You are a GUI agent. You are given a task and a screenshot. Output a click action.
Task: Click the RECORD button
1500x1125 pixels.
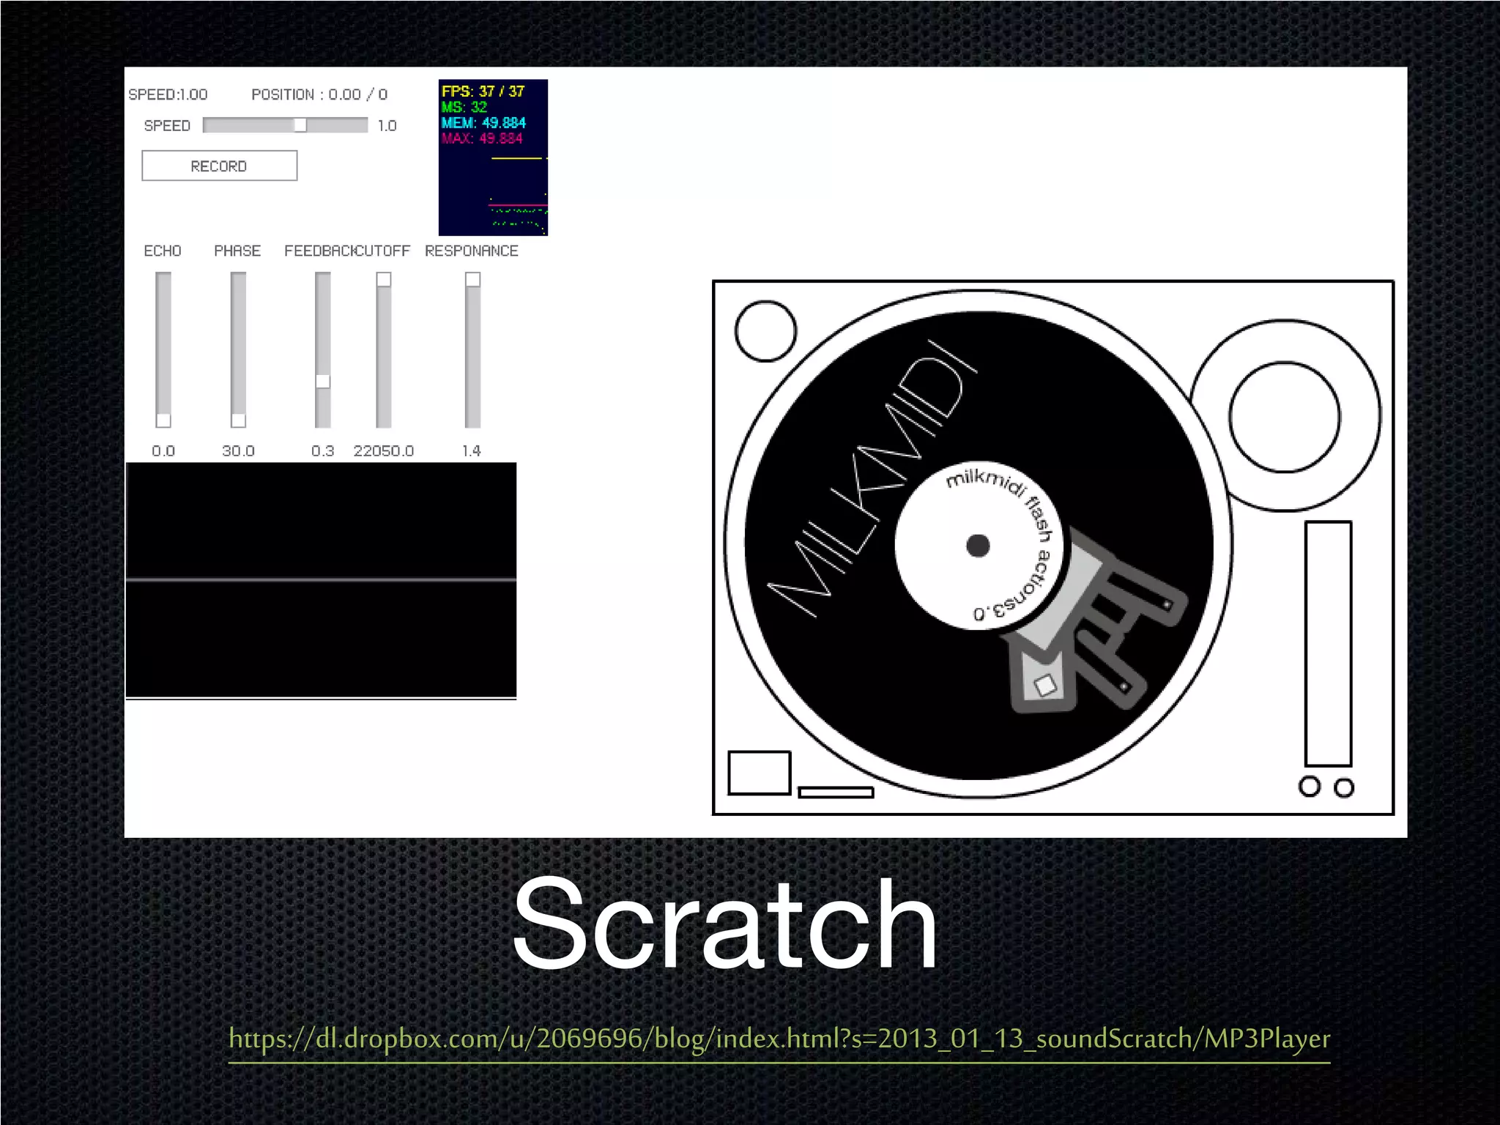[219, 166]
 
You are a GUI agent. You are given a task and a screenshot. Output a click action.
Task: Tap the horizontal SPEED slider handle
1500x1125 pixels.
[300, 125]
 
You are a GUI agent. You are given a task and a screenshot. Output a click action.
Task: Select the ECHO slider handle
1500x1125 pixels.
[163, 420]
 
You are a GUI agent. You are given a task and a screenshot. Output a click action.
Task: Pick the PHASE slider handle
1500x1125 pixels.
[238, 420]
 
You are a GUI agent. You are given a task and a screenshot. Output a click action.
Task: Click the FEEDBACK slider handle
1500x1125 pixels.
[322, 381]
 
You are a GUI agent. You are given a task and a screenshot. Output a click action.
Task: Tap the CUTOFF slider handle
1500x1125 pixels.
[383, 280]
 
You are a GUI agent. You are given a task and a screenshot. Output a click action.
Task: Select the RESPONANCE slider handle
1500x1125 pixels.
[473, 280]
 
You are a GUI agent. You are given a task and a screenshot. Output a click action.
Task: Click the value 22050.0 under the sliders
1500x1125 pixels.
[383, 450]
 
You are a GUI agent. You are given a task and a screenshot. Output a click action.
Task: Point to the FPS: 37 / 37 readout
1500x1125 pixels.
[483, 92]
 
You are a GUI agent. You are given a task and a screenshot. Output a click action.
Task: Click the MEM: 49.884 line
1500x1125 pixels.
[483, 122]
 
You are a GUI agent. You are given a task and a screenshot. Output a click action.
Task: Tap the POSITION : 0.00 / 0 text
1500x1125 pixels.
[319, 94]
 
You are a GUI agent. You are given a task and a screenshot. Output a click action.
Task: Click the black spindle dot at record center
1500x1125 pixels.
[978, 546]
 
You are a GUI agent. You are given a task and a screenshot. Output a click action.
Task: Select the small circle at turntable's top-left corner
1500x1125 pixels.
[765, 331]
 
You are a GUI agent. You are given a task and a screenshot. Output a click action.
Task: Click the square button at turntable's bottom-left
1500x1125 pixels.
[759, 773]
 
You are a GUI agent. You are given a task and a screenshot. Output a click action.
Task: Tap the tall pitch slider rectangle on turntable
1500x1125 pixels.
[1327, 643]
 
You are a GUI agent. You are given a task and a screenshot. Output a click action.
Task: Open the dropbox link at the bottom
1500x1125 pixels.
[779, 1039]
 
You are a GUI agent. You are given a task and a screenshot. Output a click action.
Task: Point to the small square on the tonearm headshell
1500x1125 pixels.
[1044, 685]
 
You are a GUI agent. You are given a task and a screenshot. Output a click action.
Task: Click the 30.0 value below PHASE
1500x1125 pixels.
[238, 450]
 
